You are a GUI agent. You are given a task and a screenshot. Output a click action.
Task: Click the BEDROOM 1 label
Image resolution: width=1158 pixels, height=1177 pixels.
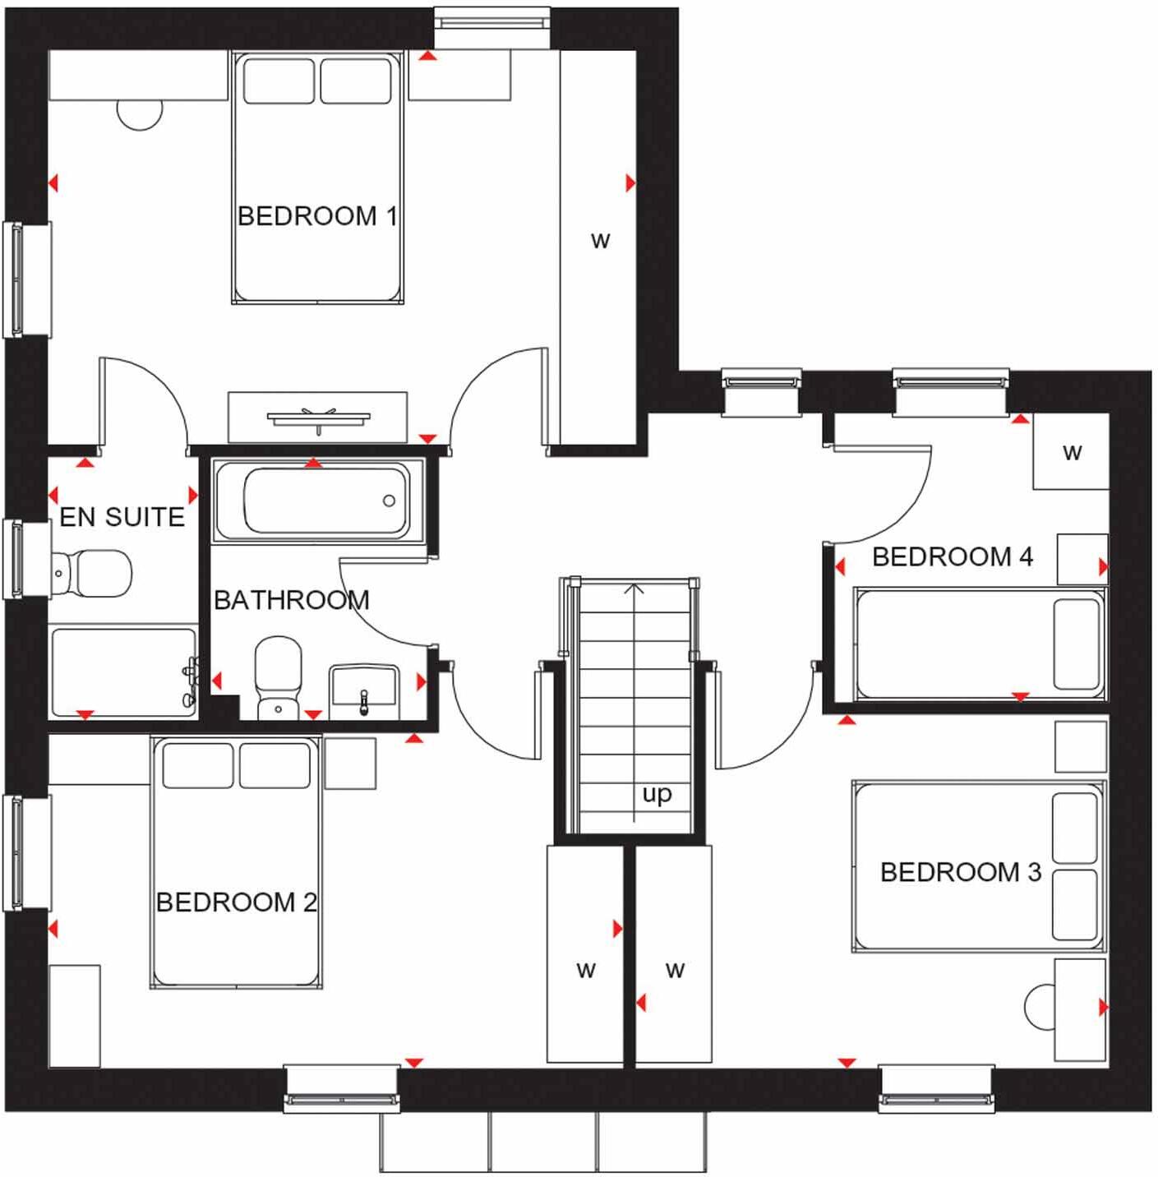coord(317,216)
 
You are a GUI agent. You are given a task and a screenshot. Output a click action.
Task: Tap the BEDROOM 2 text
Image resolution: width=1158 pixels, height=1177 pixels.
coord(236,902)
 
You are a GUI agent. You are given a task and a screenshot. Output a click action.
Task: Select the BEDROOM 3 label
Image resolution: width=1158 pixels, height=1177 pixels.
coord(960,872)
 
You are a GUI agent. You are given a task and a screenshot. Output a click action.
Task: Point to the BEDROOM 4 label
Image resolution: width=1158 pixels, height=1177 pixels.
coord(952,557)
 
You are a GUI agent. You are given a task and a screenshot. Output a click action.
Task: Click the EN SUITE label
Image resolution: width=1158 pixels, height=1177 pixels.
coord(122,517)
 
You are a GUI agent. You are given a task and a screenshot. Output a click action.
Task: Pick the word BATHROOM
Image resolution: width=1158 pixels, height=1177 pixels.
coord(291,601)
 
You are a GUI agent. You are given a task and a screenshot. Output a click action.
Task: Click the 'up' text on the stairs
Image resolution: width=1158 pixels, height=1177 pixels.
coord(657,794)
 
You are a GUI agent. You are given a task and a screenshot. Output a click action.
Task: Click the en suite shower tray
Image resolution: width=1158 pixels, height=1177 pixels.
coord(122,672)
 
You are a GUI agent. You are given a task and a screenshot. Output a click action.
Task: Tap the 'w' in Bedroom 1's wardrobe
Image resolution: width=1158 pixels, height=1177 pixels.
coord(600,241)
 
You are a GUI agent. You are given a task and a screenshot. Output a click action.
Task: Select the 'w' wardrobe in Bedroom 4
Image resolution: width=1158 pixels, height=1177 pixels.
coord(1071,452)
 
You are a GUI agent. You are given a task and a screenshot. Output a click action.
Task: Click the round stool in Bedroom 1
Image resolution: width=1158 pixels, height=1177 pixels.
coord(140,113)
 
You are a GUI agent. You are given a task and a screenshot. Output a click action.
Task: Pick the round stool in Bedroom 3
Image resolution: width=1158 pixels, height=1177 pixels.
coord(1040,1006)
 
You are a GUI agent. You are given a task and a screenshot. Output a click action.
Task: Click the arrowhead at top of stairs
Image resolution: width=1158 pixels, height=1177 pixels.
coord(633,588)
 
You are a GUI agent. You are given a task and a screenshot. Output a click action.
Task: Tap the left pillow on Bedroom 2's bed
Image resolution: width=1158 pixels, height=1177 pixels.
coord(197,765)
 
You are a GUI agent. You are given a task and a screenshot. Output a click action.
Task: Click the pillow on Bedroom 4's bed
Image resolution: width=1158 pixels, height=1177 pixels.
coord(1077,644)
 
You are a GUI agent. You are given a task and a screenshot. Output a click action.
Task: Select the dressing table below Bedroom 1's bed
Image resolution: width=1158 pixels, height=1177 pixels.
coord(317,418)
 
